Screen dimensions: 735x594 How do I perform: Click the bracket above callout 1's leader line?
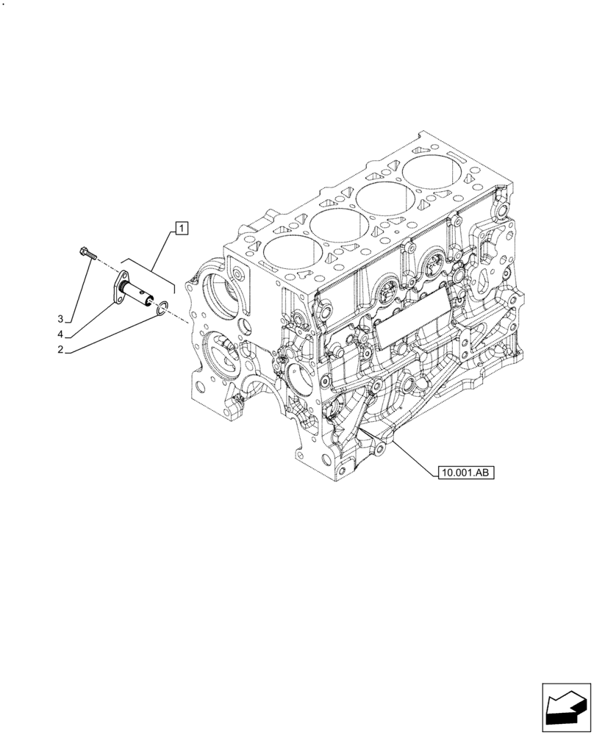(147, 271)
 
